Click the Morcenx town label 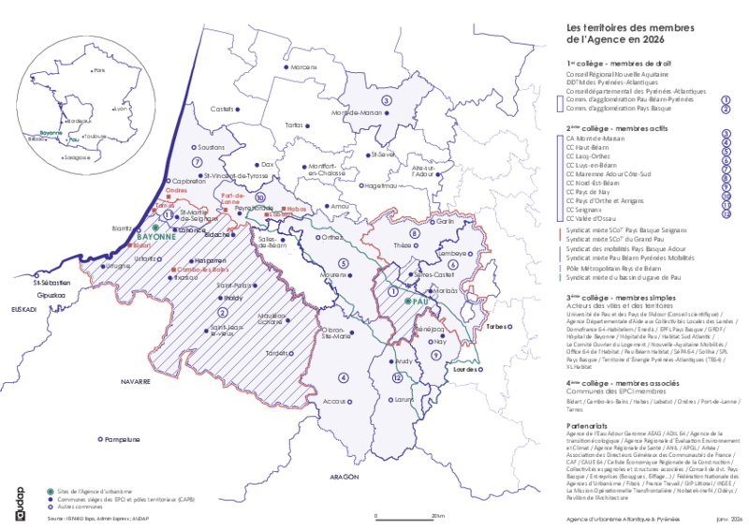pyautogui.click(x=304, y=68)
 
